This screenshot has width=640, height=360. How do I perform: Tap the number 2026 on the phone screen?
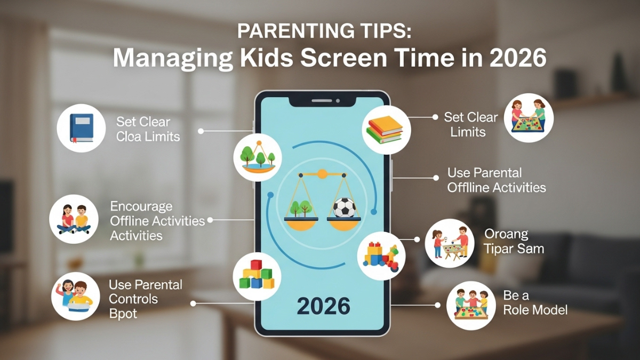[x=323, y=306]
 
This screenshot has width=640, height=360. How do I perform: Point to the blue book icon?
[x=81, y=128]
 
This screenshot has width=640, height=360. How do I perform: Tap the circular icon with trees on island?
[x=258, y=157]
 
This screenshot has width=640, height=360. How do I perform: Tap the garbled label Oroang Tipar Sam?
[x=514, y=241]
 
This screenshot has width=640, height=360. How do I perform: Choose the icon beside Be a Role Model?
[x=471, y=306]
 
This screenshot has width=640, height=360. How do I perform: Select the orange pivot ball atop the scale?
[x=322, y=173]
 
